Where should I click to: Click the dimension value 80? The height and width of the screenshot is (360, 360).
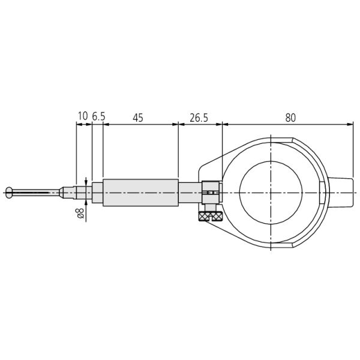point(290,118)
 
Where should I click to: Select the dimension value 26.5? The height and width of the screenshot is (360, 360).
point(199,118)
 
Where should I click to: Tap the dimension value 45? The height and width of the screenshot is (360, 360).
point(138,118)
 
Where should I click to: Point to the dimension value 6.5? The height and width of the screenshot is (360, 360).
point(99,116)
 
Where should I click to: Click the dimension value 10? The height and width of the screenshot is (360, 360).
point(83,116)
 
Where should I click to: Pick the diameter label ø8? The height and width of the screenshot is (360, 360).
point(80,213)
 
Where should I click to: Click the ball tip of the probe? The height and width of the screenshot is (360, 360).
point(9,193)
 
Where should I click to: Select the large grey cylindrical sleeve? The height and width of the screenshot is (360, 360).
point(141,193)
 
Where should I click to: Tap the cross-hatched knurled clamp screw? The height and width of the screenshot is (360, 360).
point(211,216)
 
